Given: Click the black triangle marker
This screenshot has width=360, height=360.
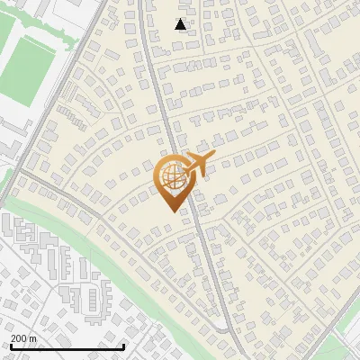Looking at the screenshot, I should [181, 24].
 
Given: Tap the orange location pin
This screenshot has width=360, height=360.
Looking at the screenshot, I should [171, 183].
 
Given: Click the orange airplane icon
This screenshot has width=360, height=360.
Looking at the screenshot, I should [197, 166].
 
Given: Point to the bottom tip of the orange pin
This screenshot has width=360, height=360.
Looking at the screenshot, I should [171, 211].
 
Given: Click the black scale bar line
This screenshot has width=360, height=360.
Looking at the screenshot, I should [67, 346].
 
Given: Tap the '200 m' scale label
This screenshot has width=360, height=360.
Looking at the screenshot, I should [22, 337].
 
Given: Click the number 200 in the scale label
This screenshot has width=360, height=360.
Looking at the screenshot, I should [19, 337].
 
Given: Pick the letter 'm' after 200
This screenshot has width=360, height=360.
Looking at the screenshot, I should [32, 337].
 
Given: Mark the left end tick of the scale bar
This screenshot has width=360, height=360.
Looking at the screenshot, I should [10, 345].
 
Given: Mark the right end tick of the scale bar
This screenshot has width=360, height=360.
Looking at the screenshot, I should [123, 345].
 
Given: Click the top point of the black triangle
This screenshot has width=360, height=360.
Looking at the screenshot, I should [181, 19].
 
